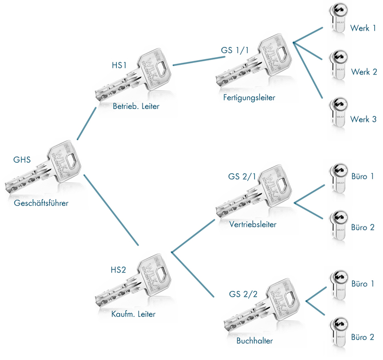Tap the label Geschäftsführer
tap(41, 203)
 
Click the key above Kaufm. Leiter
tap(134, 280)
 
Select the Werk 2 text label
tap(364, 72)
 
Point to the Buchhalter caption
tap(252, 340)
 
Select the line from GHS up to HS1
tap(86, 123)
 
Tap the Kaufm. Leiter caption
tap(133, 314)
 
